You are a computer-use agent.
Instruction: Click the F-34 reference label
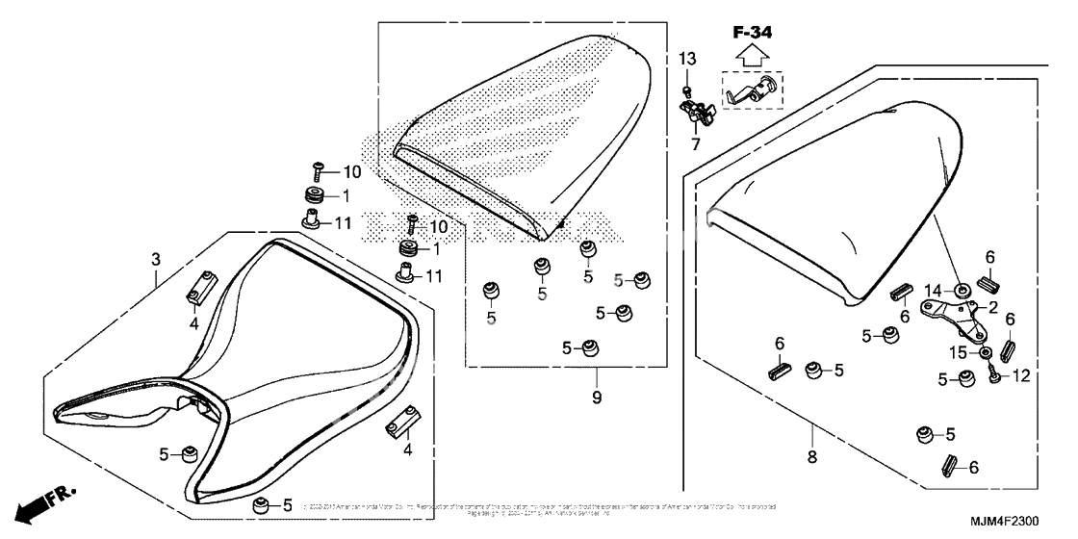pos(753,33)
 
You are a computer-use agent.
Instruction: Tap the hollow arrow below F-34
pos(753,56)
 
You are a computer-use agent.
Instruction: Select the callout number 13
pos(686,60)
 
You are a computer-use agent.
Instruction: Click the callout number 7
pos(693,144)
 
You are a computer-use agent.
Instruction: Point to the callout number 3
pos(155,259)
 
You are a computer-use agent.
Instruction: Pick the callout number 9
pos(597,397)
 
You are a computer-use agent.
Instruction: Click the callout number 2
pos(992,307)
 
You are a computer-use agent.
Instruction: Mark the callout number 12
pos(1020,376)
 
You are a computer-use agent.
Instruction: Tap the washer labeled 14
pos(962,289)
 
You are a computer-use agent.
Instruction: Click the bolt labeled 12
pos(991,376)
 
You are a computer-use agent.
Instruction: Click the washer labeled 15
pos(988,353)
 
